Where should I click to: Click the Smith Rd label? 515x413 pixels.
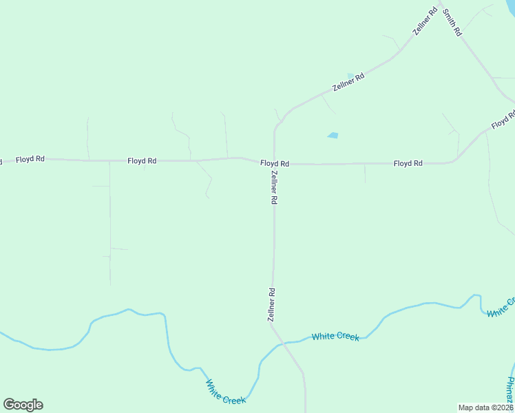point(452,23)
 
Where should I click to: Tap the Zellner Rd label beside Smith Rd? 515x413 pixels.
point(425,21)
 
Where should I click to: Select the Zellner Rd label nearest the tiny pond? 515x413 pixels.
point(348,82)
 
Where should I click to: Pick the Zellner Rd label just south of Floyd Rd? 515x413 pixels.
point(273,187)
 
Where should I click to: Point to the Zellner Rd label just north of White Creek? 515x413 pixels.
point(271,305)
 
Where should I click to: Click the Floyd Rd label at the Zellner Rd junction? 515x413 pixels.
point(275,164)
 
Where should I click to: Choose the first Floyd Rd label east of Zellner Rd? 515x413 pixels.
point(408,163)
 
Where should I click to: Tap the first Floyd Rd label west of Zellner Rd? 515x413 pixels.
point(142,160)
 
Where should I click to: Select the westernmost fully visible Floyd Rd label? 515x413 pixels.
point(30,159)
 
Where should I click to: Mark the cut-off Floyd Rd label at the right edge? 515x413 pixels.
point(503,121)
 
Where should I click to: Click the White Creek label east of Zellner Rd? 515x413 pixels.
point(335,337)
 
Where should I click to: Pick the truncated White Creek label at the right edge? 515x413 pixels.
point(501,308)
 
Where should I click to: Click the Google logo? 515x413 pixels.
point(23,405)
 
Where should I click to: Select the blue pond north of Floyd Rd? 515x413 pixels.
point(333,135)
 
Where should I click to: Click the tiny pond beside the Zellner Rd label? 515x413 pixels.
point(351,76)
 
